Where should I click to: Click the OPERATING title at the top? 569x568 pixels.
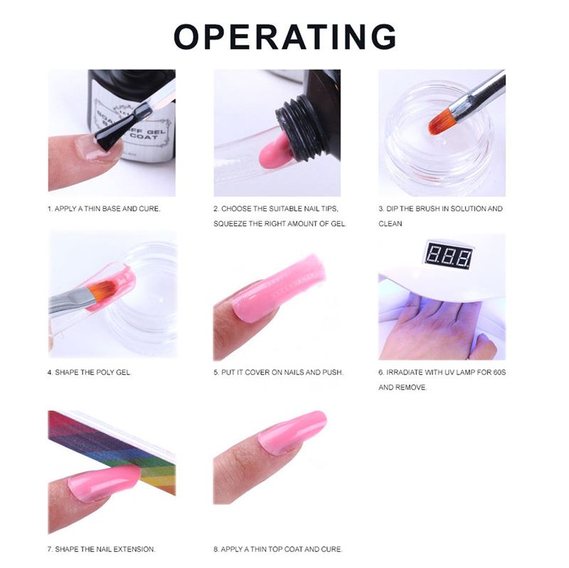point(284,36)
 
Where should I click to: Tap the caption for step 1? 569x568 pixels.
point(104,209)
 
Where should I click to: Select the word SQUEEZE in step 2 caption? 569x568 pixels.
point(236,223)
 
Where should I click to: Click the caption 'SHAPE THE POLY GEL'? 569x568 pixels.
point(90,372)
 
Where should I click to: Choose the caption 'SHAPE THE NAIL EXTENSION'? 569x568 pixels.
point(102,549)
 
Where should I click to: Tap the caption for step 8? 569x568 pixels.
point(278,549)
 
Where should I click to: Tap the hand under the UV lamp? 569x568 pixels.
point(434,327)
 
